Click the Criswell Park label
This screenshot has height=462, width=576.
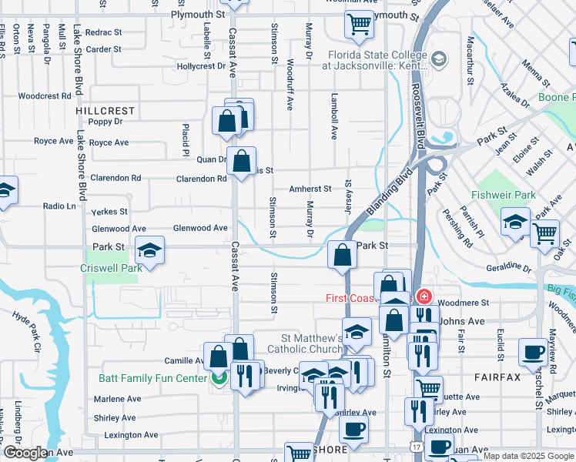coord(111,269)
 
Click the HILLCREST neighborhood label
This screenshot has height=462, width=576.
coord(105,111)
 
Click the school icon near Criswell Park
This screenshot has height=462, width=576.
coord(150,250)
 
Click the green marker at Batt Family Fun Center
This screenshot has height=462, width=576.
coord(219,377)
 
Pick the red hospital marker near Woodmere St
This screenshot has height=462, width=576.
coord(423,296)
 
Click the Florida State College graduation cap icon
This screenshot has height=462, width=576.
coord(438,59)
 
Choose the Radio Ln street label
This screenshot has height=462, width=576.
coord(59,206)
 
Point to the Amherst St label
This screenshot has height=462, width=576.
coord(310,189)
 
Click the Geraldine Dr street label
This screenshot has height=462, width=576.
coord(509,269)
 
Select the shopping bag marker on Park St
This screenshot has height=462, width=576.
coord(341,255)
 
